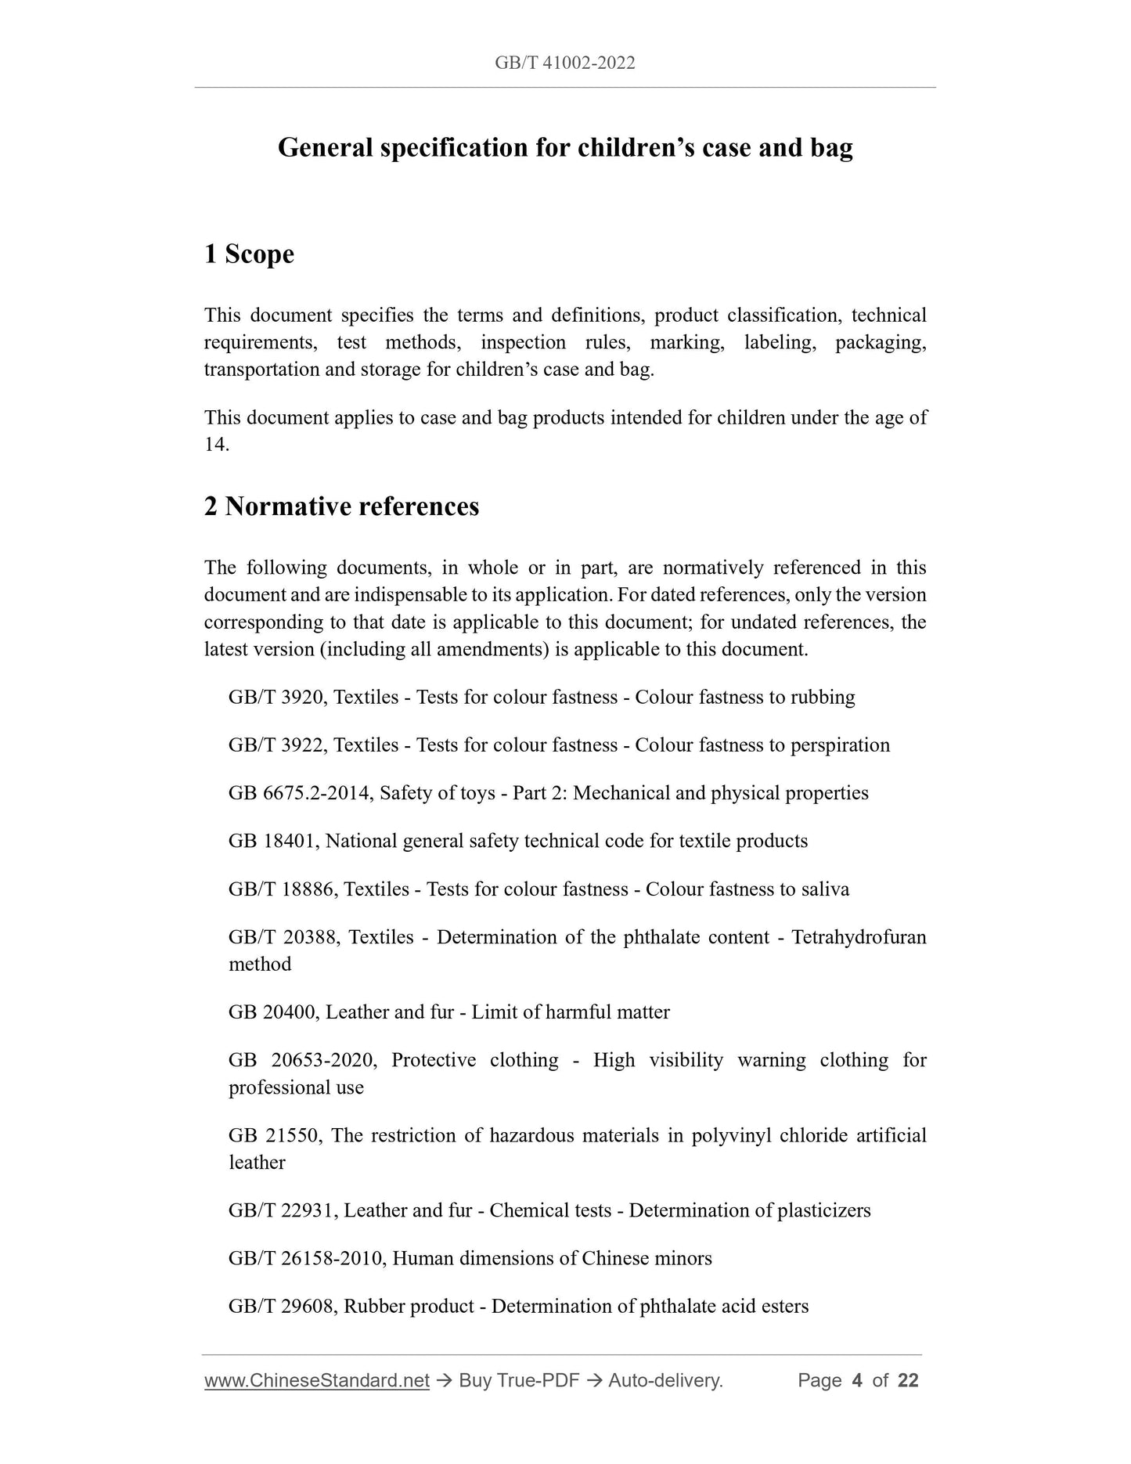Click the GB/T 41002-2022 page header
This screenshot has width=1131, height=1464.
564,63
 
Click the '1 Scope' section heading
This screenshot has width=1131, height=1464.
249,254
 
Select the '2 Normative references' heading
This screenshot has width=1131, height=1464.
341,507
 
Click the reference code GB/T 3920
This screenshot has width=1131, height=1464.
276,697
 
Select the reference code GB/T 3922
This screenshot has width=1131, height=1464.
276,745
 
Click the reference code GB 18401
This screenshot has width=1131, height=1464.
272,841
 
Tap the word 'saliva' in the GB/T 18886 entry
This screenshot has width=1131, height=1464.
824,889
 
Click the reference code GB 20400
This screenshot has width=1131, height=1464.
272,1012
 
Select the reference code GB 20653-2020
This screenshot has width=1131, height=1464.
303,1060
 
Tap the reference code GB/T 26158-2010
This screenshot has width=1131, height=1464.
305,1258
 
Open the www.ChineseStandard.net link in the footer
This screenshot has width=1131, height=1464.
317,1380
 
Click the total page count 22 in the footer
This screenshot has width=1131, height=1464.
908,1380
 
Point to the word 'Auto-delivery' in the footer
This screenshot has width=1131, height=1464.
665,1380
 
